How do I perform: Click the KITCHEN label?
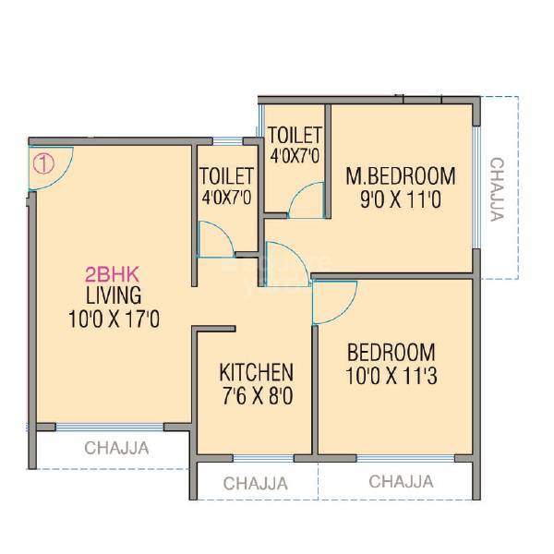point(256,373)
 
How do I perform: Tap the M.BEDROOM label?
point(400,175)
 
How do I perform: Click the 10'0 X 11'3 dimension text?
point(391,377)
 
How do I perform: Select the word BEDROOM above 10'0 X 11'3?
point(391,352)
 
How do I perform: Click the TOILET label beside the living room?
point(225,175)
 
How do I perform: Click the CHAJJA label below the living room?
point(117,450)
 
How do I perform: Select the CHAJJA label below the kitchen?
point(256,482)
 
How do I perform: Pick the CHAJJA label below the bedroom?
point(400,481)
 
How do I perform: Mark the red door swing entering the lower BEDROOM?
point(332,302)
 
